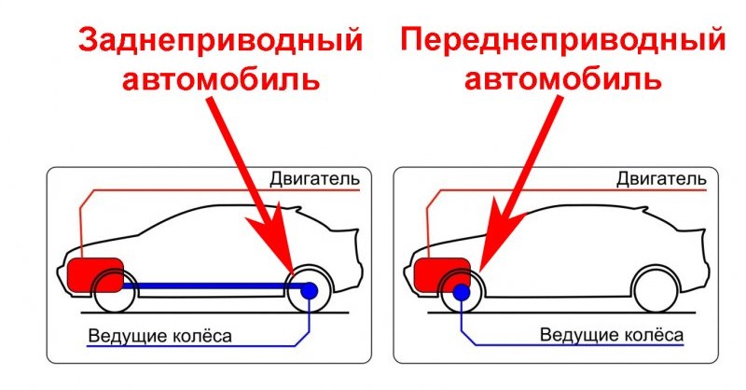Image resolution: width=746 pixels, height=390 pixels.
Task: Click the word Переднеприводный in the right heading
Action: (x=562, y=43)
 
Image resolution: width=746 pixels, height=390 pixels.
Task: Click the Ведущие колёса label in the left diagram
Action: (x=159, y=335)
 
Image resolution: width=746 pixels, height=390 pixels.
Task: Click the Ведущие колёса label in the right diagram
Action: (x=612, y=335)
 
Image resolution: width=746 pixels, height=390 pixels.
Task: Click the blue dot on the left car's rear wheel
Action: (x=310, y=291)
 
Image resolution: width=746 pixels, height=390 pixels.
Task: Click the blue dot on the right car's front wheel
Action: (x=460, y=292)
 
